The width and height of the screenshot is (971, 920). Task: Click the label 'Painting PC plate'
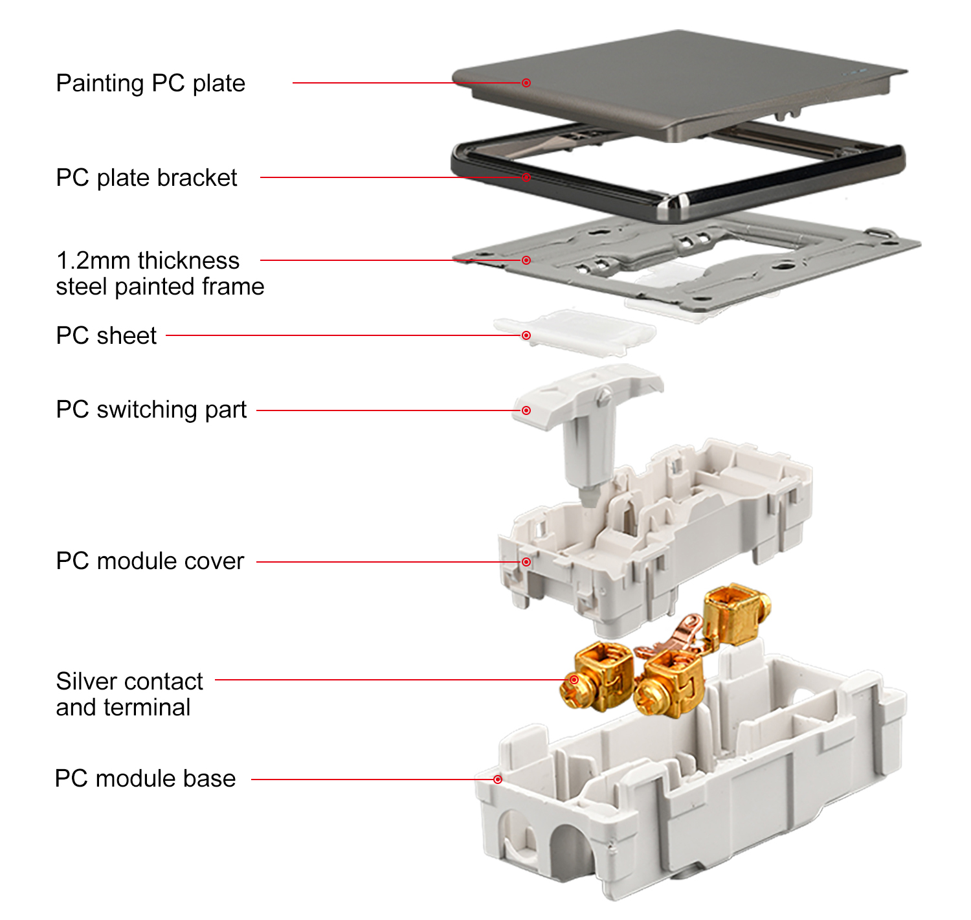pos(150,83)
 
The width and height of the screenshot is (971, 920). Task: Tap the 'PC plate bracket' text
pos(146,178)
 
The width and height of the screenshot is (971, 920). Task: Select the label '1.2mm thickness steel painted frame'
pos(160,273)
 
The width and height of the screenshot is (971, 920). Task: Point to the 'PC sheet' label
pos(106,335)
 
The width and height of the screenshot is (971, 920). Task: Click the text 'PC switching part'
pos(151,410)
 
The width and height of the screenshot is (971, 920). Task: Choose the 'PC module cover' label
pos(150,561)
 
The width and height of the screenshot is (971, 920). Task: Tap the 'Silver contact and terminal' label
pos(129,693)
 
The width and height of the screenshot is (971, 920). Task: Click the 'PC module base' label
pos(145,779)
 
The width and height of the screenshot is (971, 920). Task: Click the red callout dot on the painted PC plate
pos(526,83)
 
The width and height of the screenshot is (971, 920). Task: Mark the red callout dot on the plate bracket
pos(526,177)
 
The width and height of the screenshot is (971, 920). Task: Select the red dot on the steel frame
pos(526,260)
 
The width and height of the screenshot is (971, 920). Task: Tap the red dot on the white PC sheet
pos(526,335)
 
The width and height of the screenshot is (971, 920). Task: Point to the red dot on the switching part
pos(526,410)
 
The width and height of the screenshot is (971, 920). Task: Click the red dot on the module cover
pos(526,562)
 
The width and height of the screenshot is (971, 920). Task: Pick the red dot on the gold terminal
pos(574,680)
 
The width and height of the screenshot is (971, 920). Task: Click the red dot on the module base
pos(498,780)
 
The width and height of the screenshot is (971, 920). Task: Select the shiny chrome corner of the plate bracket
pos(676,203)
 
